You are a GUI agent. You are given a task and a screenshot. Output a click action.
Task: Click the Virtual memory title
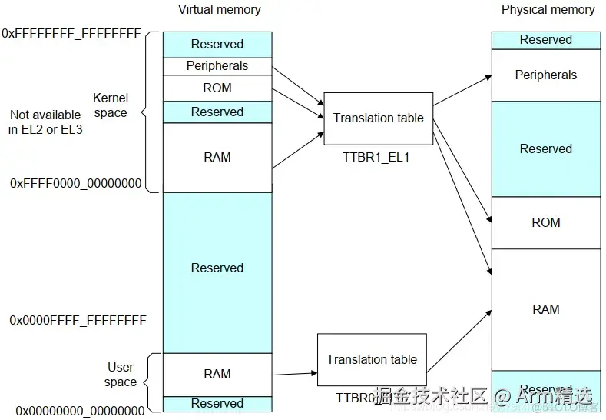[x=219, y=10]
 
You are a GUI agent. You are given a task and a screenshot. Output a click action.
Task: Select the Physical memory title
[x=548, y=10]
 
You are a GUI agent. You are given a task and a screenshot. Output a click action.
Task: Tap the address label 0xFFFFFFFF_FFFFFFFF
[x=71, y=34]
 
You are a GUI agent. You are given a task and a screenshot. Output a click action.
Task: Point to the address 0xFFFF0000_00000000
[x=75, y=183]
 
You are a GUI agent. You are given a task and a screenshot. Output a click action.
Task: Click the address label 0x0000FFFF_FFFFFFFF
[x=78, y=319]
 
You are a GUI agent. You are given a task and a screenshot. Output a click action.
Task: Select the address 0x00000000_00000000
[x=80, y=411]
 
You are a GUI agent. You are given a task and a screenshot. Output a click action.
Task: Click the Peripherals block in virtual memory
[x=217, y=66]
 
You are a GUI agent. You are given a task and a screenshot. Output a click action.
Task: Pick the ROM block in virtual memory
[x=217, y=88]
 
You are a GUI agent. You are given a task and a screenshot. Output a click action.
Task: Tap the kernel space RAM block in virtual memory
[x=217, y=157]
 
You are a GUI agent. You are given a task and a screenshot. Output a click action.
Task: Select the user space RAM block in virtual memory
[x=217, y=374]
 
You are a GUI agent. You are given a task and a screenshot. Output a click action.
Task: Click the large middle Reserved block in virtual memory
[x=217, y=268]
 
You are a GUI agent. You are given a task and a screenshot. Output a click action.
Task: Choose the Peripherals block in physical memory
[x=545, y=75]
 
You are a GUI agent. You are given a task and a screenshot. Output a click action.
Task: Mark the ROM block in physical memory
[x=545, y=222]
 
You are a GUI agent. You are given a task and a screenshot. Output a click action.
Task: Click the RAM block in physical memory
[x=545, y=309]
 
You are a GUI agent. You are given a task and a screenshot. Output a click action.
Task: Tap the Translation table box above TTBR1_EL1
[x=378, y=118]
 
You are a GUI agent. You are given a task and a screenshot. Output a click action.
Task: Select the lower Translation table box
[x=372, y=359]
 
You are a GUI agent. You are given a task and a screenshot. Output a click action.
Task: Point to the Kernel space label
[x=110, y=105]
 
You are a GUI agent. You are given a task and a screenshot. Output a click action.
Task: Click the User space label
[x=121, y=375]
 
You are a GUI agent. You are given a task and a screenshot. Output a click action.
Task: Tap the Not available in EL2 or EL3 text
[x=45, y=122]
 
